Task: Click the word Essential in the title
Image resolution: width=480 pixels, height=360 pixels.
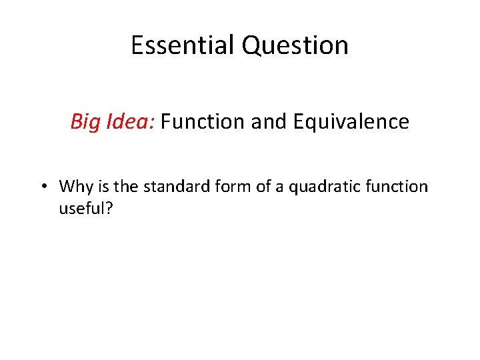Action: (183, 45)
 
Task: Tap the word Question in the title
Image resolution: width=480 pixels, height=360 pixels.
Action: (295, 45)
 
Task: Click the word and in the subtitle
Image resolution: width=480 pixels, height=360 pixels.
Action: (262, 122)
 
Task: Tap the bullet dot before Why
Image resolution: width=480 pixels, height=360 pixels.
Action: (43, 187)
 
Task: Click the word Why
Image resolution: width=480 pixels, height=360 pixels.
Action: (73, 187)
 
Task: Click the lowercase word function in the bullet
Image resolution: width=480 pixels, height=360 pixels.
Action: (394, 187)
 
